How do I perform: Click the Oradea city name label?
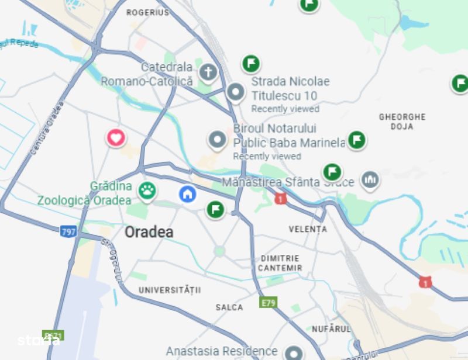point(149,232)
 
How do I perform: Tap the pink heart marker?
point(116,138)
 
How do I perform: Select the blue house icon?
point(187,193)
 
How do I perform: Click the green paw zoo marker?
point(147,190)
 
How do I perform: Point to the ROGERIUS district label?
point(147,12)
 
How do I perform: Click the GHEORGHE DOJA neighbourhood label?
point(402,122)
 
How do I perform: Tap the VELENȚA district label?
point(308,229)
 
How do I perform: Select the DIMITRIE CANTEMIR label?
point(281,263)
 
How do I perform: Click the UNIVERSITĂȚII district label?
point(170,290)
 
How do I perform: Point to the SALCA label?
point(229,307)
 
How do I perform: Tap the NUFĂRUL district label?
point(331,329)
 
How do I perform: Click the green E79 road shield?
point(268,303)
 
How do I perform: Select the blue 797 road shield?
point(68,231)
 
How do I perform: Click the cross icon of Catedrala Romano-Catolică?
point(207,72)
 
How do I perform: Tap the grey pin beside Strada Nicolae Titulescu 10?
point(235,92)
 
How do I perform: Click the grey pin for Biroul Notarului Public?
point(217,140)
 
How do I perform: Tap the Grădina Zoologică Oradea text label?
point(85,193)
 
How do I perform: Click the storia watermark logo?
point(39,340)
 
